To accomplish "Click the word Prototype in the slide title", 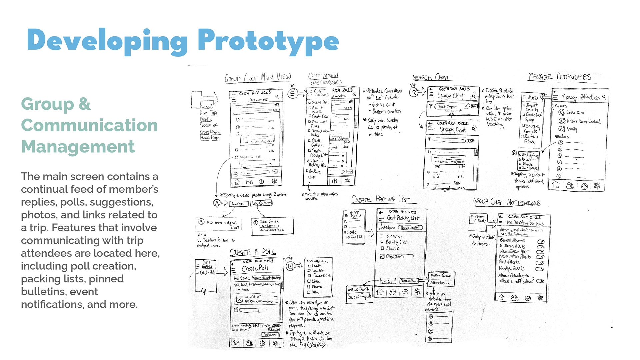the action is point(268,41).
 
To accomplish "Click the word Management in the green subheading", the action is point(78,147).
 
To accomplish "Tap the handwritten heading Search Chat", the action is point(431,78).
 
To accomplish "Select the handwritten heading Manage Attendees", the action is point(559,77).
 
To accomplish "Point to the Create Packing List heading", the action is point(380,199).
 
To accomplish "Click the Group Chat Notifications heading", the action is point(507,202).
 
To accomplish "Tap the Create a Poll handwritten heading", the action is point(253,252).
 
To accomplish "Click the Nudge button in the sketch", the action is point(238,203).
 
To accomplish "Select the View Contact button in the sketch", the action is point(262,203).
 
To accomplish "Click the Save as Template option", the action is point(359,297).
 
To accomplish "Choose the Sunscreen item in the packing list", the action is point(394,236).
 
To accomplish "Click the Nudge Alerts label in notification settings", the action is point(512,268).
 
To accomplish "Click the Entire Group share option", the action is point(441,276).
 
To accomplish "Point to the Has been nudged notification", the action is point(218,224).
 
